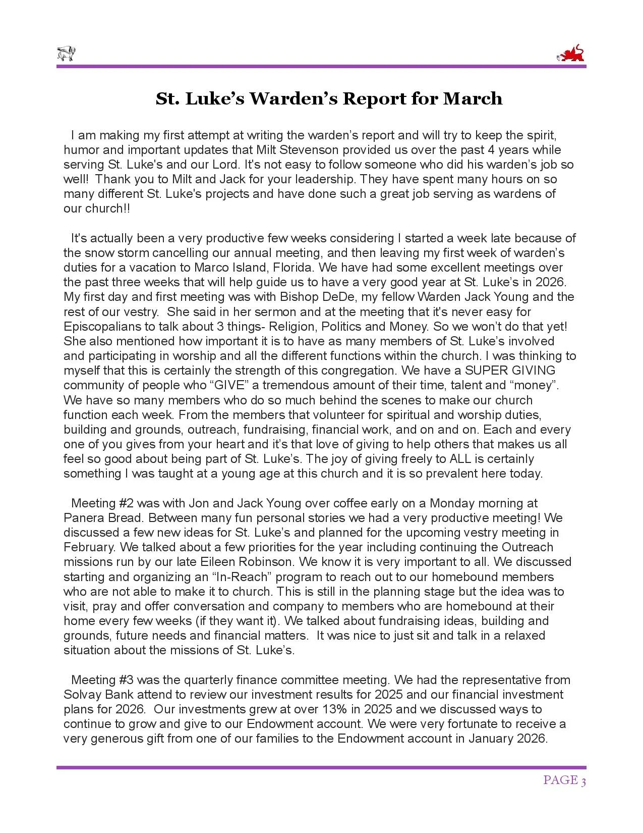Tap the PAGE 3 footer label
564,780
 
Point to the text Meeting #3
102,680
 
